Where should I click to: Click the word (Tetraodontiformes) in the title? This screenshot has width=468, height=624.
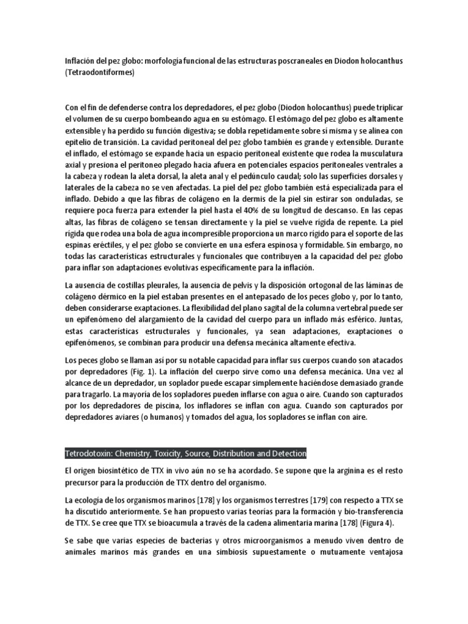pos(99,73)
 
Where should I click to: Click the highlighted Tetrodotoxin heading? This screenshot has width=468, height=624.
pos(186,454)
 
